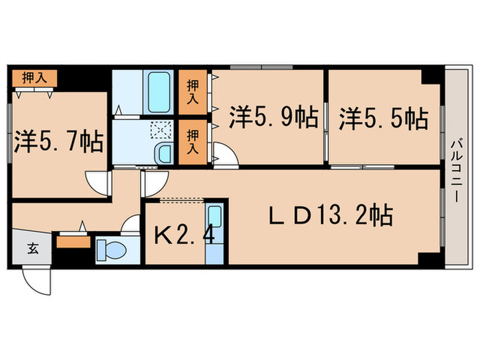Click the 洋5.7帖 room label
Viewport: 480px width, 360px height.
(58, 142)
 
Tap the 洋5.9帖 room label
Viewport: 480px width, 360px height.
(273, 118)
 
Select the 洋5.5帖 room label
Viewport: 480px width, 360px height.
(383, 118)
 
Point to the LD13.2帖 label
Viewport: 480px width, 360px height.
(328, 217)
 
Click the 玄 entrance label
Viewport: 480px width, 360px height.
(32, 248)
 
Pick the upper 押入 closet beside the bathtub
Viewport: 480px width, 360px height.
(194, 92)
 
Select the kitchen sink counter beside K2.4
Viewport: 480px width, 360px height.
(215, 234)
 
